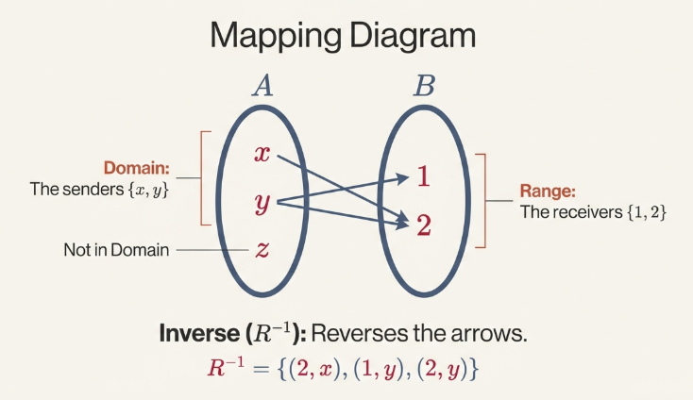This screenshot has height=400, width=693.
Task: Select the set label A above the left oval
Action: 262,87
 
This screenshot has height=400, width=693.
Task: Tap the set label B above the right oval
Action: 424,87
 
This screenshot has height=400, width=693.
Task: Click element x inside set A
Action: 262,154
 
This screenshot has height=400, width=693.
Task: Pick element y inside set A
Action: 263,202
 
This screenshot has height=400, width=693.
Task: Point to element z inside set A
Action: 263,250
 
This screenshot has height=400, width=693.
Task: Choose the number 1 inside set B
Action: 424,176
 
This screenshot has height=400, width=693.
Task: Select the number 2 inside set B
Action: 424,225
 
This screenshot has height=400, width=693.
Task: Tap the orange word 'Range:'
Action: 542,192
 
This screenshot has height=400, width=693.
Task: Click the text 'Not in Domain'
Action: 116,250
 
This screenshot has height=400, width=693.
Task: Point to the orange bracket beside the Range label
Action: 481,200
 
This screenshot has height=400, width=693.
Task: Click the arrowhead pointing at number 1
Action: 403,176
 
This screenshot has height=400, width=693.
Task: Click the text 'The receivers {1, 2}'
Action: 593,212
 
